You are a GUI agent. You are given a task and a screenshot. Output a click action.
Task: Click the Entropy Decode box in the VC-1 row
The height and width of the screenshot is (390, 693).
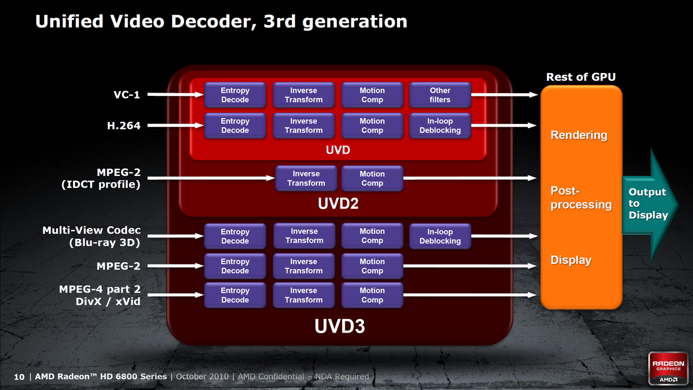click(x=235, y=95)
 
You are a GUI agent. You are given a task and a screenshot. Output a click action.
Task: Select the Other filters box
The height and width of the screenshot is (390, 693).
click(x=440, y=95)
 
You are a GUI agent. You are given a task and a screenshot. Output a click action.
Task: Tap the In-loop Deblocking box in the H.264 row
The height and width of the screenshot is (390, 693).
click(x=440, y=126)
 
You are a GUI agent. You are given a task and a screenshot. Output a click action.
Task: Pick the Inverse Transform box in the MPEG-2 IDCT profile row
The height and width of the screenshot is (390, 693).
click(x=306, y=178)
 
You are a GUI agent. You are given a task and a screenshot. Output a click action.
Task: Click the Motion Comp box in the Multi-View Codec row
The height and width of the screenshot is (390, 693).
click(x=372, y=236)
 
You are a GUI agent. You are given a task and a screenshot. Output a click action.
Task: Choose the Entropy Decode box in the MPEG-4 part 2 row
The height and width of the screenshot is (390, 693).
click(x=235, y=295)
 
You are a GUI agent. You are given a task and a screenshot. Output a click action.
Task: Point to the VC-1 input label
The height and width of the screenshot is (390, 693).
click(x=127, y=95)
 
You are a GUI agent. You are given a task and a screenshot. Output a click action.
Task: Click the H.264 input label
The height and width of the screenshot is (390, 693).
click(x=124, y=126)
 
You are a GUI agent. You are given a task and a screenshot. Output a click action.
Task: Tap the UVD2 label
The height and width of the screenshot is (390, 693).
click(x=338, y=203)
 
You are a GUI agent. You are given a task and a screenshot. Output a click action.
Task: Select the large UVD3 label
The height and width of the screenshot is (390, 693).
click(x=339, y=326)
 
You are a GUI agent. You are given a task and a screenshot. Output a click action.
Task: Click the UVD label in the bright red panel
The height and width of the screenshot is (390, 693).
click(x=338, y=150)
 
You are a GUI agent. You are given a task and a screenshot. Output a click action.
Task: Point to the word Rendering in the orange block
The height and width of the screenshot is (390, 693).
click(x=579, y=135)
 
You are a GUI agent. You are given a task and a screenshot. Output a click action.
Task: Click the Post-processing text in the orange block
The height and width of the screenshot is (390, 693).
click(x=581, y=198)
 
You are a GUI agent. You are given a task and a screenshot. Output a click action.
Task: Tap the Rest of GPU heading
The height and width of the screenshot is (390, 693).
click(x=581, y=77)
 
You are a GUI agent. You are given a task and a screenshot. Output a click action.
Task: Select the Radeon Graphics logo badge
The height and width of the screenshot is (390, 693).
click(x=668, y=368)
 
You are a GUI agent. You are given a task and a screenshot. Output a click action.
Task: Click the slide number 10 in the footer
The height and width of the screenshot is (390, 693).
click(x=19, y=377)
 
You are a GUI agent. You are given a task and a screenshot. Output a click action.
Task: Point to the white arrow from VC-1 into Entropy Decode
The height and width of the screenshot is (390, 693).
click(x=175, y=94)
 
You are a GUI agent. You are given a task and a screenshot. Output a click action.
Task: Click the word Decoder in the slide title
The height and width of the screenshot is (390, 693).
click(x=213, y=22)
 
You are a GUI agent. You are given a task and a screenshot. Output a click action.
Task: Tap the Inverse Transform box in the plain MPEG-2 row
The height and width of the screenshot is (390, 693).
click(x=304, y=266)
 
